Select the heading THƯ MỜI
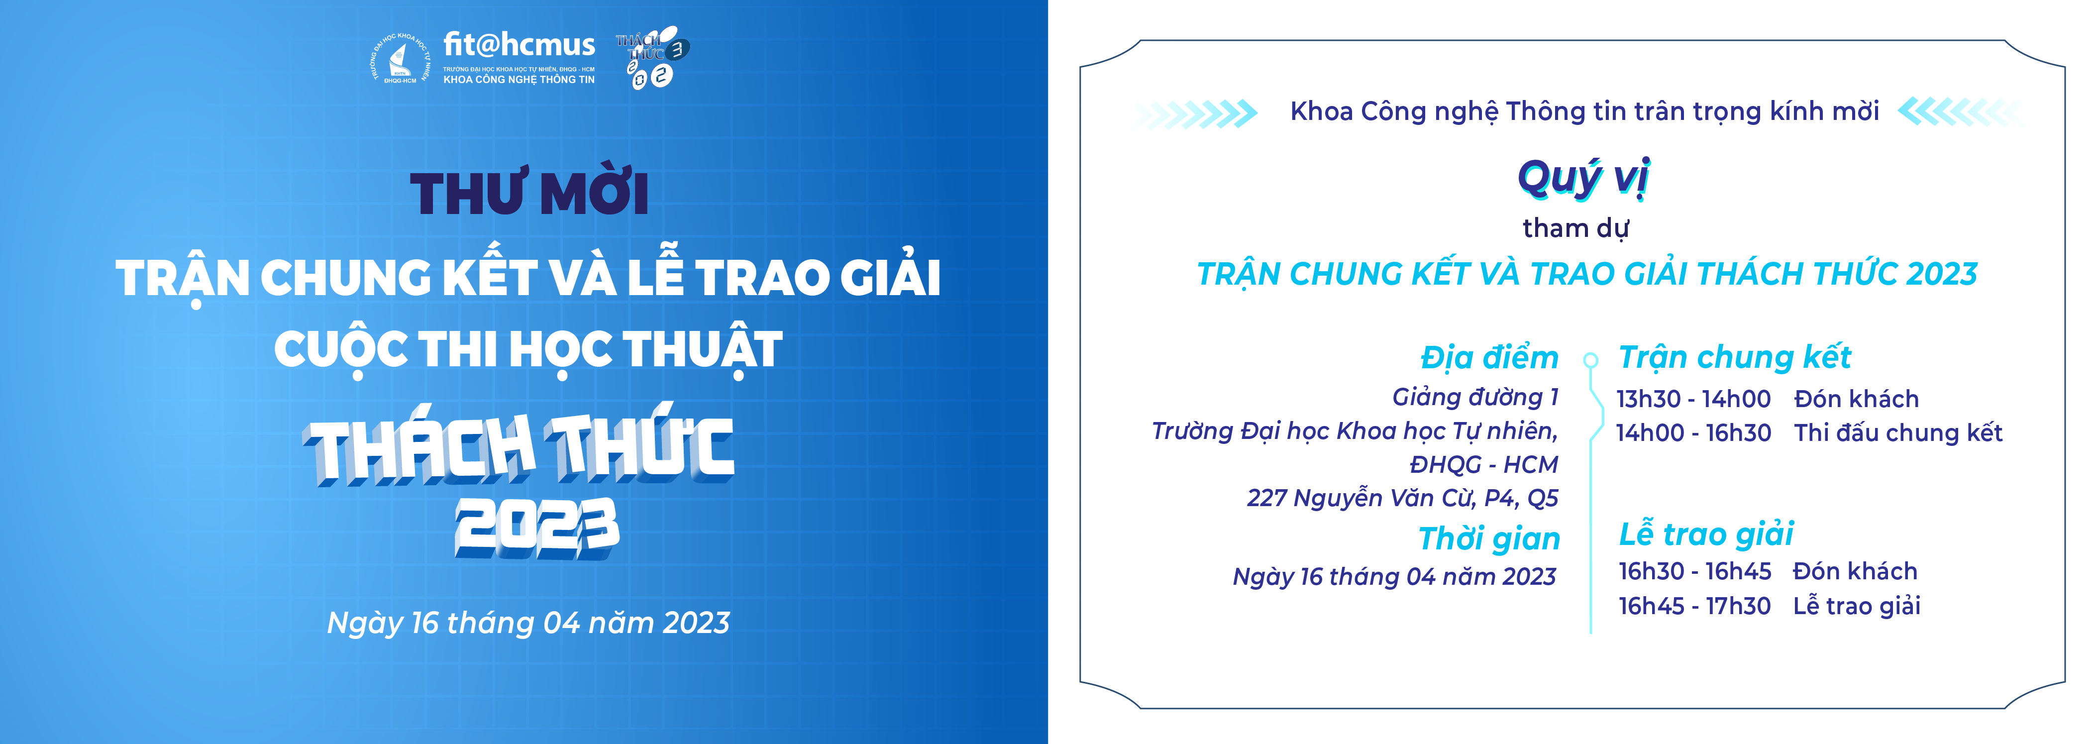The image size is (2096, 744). (x=529, y=193)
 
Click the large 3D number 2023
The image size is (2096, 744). (x=537, y=528)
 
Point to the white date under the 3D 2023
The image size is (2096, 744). (x=528, y=623)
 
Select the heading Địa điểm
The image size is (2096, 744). (x=1489, y=357)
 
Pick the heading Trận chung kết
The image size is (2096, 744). (x=1735, y=357)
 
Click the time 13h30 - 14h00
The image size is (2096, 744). (x=1693, y=399)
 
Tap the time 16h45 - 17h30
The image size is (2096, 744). (x=1694, y=606)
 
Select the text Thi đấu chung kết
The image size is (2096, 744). (x=1898, y=433)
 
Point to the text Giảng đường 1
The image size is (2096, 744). (x=1475, y=397)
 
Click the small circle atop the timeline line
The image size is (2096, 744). (x=1591, y=359)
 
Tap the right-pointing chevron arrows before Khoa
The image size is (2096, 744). (x=1197, y=113)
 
